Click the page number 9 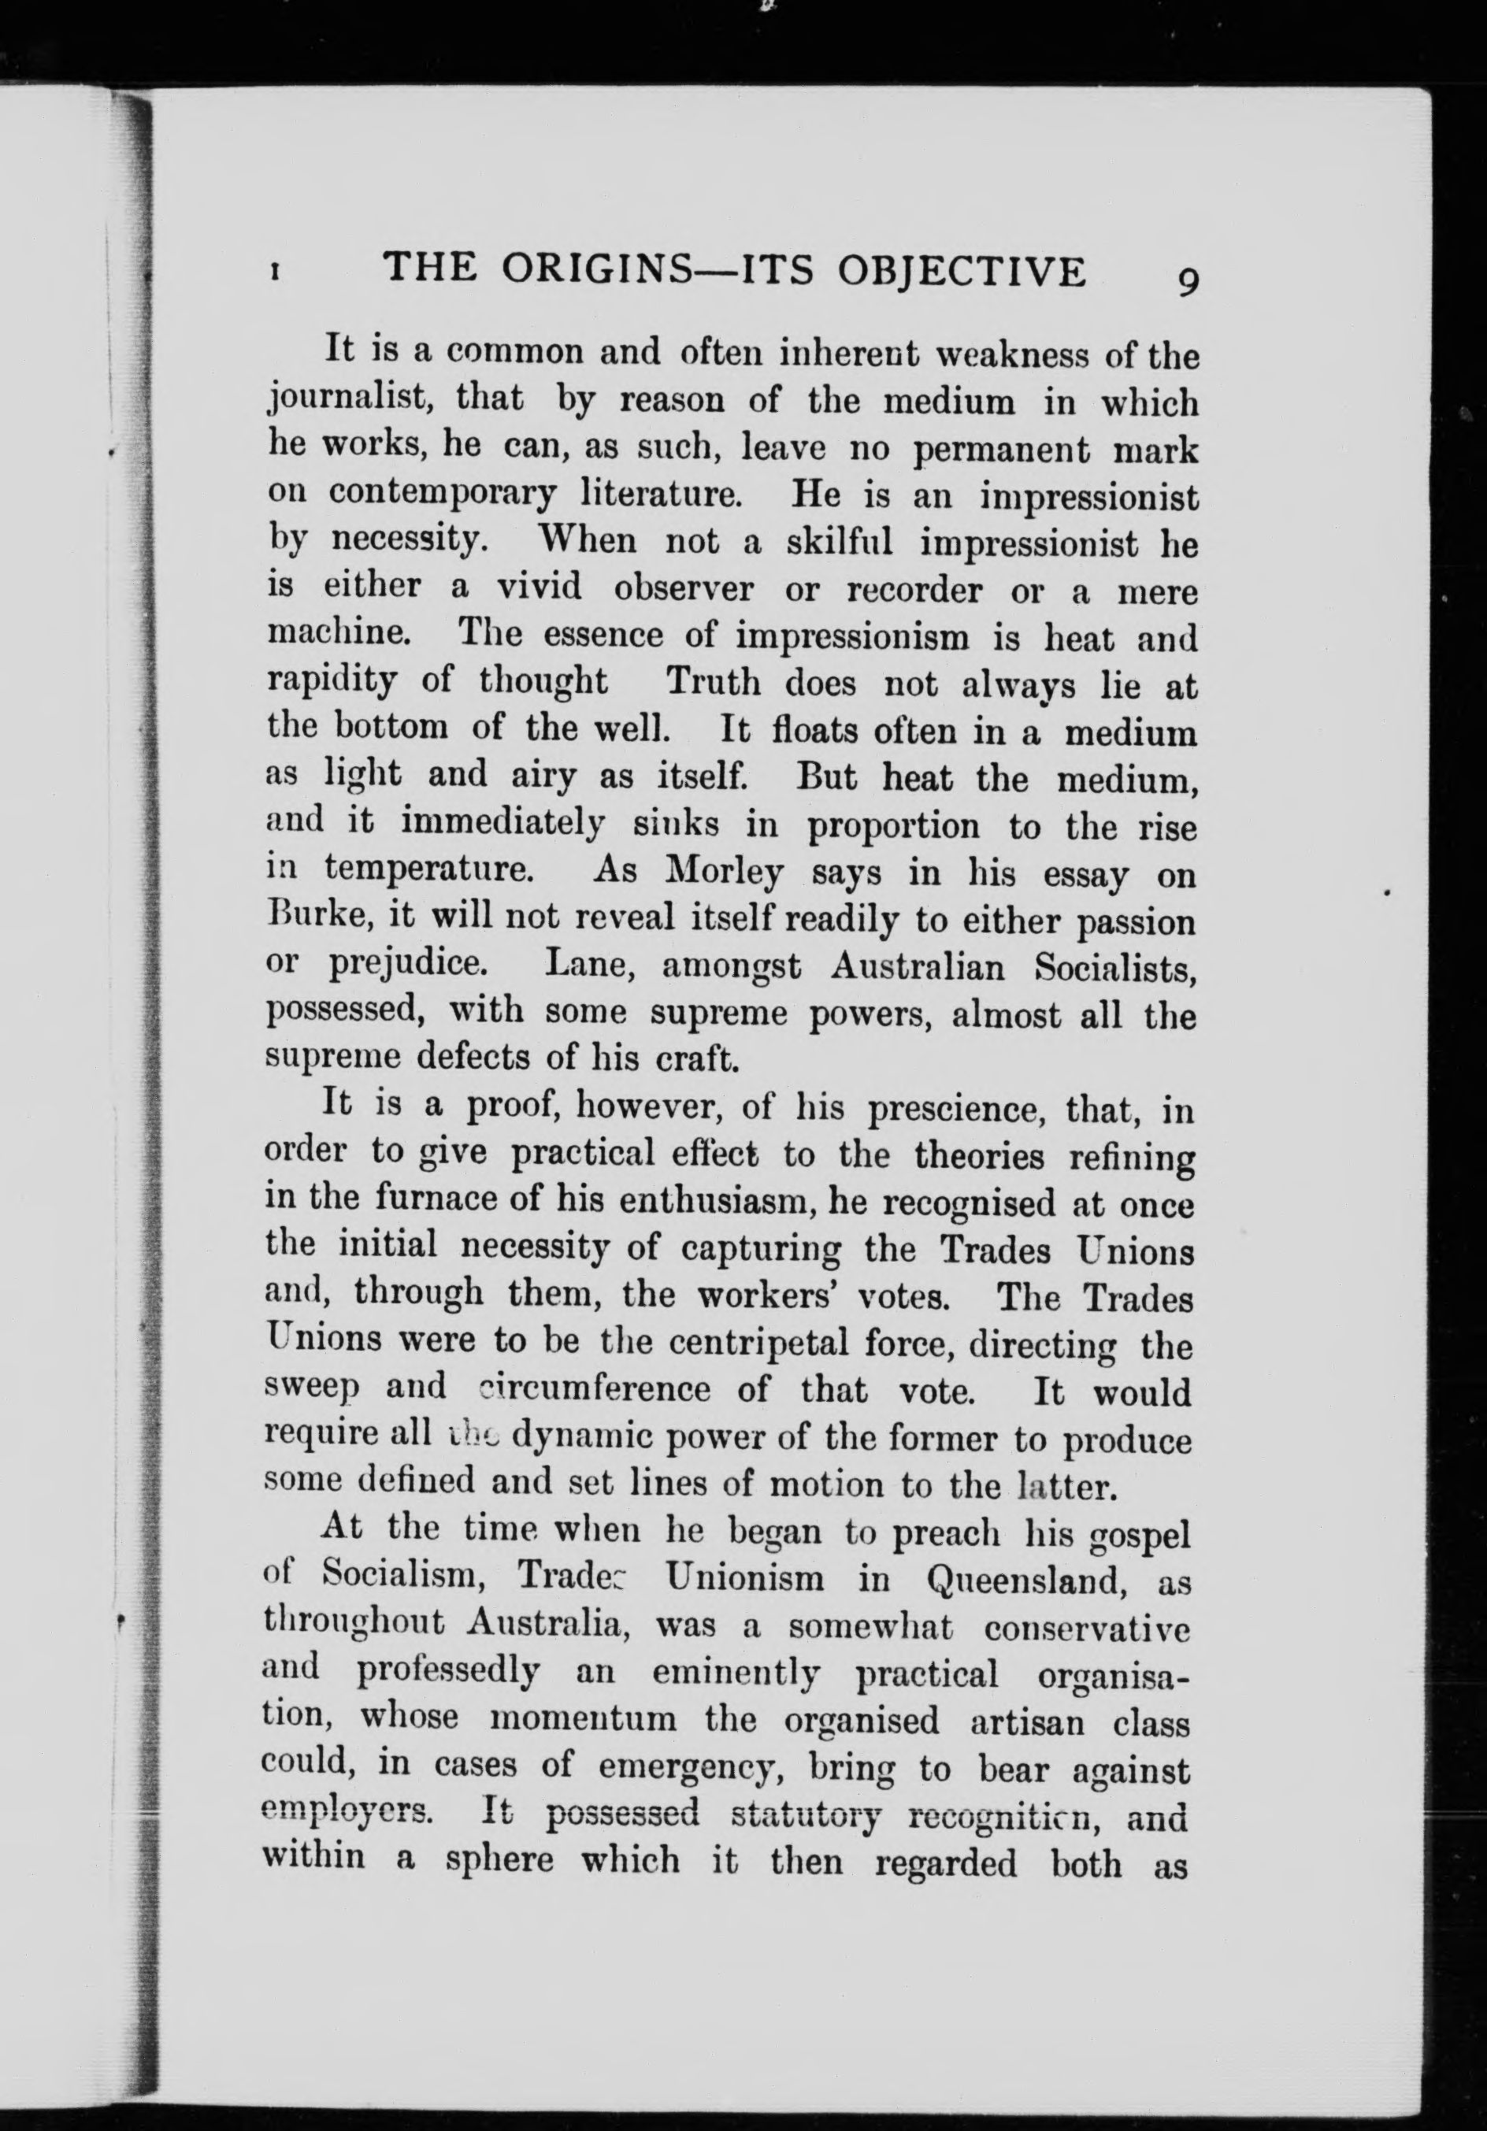(1187, 280)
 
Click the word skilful (839, 543)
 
